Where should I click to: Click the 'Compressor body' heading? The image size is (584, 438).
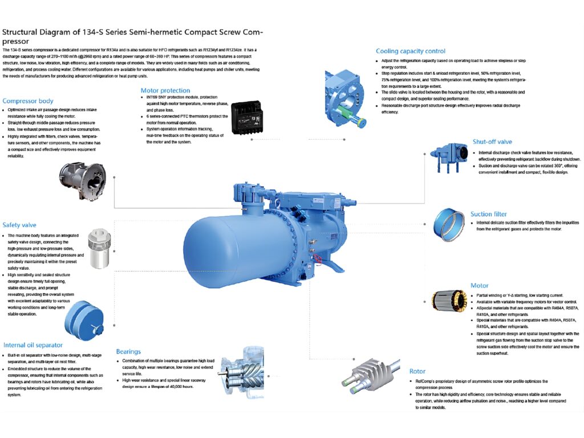coord(28,101)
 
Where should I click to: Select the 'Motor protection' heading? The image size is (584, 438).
coord(165,90)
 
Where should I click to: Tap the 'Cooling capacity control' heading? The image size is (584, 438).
coord(411,51)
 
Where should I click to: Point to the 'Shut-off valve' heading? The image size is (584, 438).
coord(492,141)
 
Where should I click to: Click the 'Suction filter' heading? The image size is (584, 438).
coord(489,214)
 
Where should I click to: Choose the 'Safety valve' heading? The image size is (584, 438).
coord(19,225)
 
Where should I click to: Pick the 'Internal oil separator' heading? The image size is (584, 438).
coord(33,345)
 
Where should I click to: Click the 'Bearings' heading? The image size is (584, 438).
coord(128,351)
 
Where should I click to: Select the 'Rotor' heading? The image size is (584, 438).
coord(417,372)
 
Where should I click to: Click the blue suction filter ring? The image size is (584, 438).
coord(449,224)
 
